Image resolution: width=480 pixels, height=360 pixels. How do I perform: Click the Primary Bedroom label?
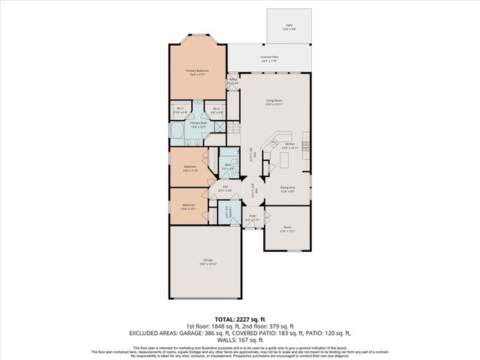coord(197,72)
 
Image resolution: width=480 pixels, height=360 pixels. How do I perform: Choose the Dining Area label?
coord(287,189)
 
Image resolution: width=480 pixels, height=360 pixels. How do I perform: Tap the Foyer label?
coord(253,217)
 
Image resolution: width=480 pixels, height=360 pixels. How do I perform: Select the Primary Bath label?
coord(198,125)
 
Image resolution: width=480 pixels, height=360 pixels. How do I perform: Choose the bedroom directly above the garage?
coord(188,206)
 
